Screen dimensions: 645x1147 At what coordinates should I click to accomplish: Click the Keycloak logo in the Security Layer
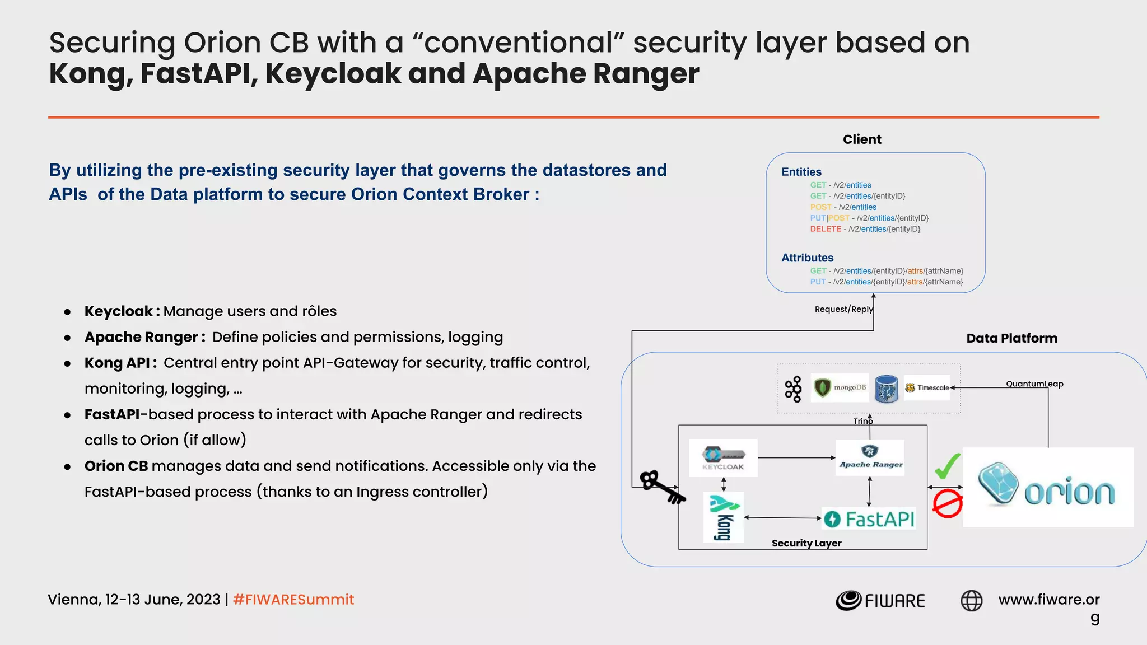(723, 457)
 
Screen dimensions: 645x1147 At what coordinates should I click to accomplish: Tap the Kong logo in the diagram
(724, 517)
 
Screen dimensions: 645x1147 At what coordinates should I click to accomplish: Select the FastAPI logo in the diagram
(869, 519)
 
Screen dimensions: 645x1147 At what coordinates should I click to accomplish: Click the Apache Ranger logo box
(870, 457)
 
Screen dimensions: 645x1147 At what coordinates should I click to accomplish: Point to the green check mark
(947, 466)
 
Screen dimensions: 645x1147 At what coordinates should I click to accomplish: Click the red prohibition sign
(947, 504)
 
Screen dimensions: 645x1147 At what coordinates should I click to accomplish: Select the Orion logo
(1047, 487)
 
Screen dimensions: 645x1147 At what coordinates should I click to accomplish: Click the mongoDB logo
(840, 387)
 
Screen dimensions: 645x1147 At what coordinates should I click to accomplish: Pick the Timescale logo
(927, 387)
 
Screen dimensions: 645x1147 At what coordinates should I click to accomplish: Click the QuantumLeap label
(1034, 384)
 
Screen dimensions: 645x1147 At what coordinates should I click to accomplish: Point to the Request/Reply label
(843, 309)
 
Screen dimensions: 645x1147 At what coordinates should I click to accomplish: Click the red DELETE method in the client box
(826, 229)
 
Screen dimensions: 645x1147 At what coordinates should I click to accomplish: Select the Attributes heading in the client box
(807, 258)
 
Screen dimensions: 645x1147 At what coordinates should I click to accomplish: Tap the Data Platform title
(1011, 338)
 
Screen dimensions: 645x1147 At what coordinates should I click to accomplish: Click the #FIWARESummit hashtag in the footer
(293, 600)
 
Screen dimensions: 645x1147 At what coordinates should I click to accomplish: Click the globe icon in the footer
(971, 601)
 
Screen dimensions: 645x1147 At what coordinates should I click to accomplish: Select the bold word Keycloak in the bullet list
(119, 311)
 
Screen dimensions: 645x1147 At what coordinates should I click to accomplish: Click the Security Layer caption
(806, 543)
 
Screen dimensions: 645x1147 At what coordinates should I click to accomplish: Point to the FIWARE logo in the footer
(880, 601)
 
